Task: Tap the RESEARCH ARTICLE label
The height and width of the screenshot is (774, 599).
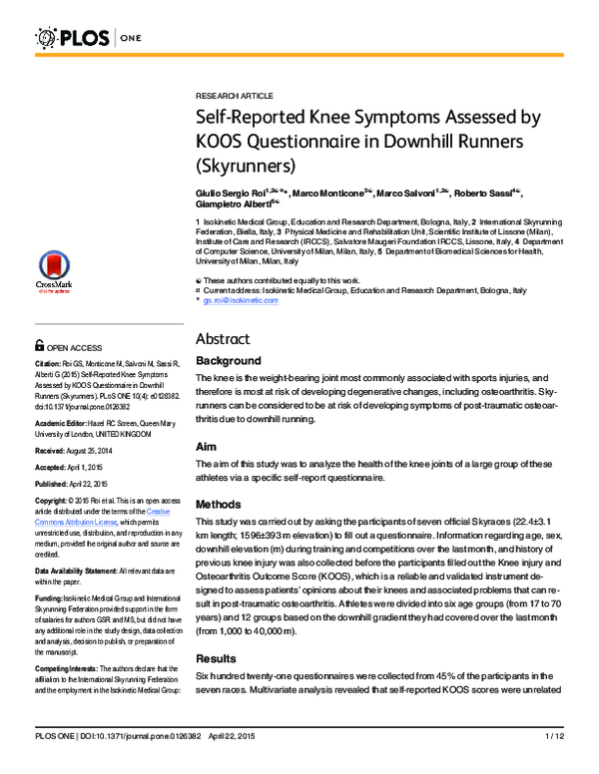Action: coord(235,96)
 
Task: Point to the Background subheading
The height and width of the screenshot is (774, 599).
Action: coord(228,361)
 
